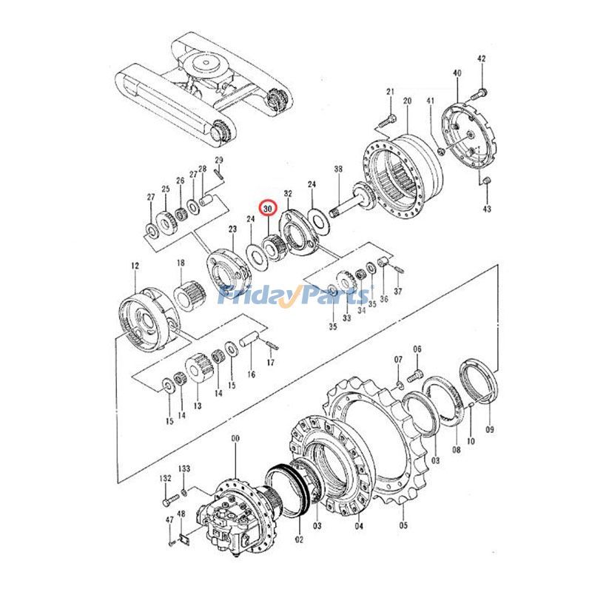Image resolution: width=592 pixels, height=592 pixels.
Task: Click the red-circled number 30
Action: pyautogui.click(x=267, y=209)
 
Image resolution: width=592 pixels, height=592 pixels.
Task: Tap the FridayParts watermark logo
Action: pyautogui.click(x=295, y=296)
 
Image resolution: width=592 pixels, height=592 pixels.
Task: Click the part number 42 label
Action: pyautogui.click(x=481, y=58)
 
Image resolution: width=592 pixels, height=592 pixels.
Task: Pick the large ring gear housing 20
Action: pyautogui.click(x=403, y=170)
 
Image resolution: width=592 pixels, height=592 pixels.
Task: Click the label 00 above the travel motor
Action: pyautogui.click(x=236, y=439)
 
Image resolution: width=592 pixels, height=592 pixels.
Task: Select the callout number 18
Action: pyautogui.click(x=181, y=263)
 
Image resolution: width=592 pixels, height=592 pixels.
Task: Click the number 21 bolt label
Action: pyautogui.click(x=389, y=92)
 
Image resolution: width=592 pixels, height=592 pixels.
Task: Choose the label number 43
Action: pyautogui.click(x=486, y=210)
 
